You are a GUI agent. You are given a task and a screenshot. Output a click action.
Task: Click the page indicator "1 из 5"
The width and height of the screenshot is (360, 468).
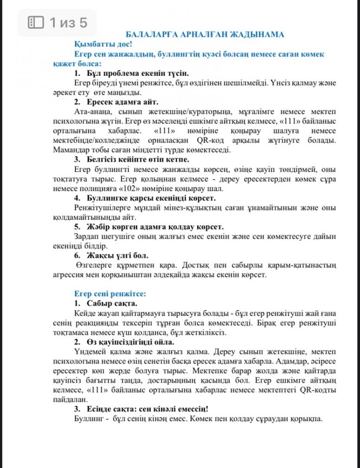coord(68,22)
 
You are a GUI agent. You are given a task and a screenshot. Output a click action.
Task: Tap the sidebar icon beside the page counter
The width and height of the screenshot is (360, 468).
coord(36,22)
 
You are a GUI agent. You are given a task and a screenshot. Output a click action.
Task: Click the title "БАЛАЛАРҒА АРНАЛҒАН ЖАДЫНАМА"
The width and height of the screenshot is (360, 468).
coord(205,35)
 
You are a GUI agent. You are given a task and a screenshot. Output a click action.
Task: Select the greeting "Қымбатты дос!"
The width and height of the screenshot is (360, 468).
coord(103,45)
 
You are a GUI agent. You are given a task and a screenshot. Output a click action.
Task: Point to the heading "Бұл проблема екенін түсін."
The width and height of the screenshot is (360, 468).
coord(137,73)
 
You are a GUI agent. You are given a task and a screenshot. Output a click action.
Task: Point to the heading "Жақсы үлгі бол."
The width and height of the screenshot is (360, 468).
coord(118,255)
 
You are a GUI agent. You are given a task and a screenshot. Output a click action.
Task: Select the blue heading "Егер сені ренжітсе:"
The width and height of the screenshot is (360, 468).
coord(111,293)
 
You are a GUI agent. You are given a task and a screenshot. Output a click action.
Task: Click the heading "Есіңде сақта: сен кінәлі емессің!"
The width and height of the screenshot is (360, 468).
coord(148,409)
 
